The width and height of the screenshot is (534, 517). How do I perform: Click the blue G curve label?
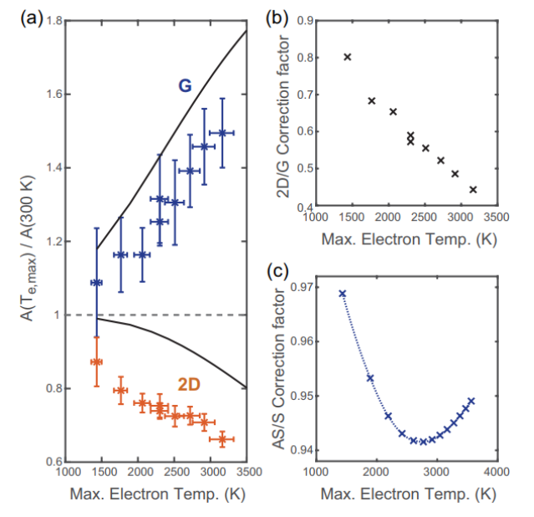[x=183, y=86]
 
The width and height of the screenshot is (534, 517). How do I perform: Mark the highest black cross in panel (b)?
[x=348, y=57]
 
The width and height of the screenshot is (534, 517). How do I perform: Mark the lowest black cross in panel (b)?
[x=473, y=190]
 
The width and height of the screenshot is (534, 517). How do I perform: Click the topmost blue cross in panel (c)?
[x=343, y=294]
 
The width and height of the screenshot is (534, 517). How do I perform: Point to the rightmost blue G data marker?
[x=221, y=133]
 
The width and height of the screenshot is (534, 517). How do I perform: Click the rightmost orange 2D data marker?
[x=221, y=438]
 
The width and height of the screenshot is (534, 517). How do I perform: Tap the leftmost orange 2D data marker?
[x=97, y=361]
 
